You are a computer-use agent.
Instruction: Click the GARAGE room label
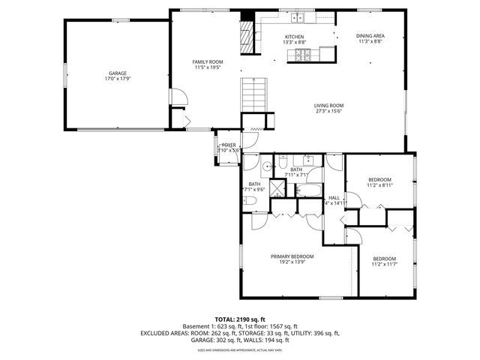(x=117, y=73)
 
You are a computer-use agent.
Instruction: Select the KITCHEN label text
(x=294, y=37)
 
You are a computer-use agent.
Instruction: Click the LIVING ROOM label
(x=328, y=105)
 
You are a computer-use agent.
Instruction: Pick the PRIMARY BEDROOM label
(x=292, y=256)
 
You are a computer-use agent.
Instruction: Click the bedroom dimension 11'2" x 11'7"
(x=384, y=263)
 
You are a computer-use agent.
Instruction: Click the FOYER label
(x=228, y=145)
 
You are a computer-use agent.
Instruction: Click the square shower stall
(x=277, y=188)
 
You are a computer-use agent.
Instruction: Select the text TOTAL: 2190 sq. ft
(x=240, y=319)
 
